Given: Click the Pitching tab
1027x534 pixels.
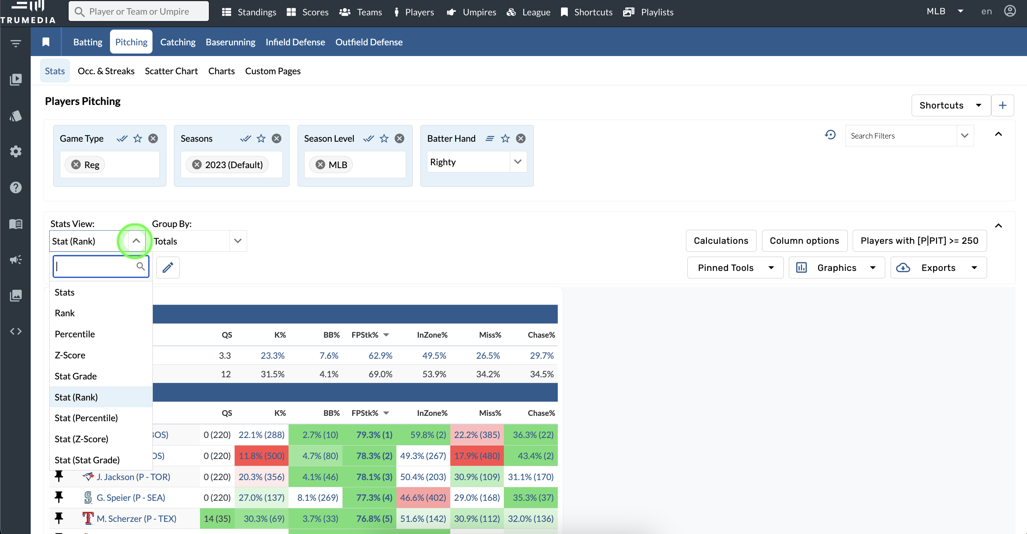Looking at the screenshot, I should [x=131, y=42].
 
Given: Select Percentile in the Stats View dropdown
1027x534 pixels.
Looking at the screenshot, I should [x=75, y=334].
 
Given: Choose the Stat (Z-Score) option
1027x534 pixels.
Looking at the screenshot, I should [x=81, y=439].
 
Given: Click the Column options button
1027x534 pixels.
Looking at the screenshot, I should [x=804, y=241].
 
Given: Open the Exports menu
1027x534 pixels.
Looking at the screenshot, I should [x=938, y=268].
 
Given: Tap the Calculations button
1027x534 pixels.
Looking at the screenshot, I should [x=721, y=241].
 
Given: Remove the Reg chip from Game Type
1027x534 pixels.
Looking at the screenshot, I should [x=76, y=165].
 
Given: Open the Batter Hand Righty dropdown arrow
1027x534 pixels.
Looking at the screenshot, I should [x=517, y=162].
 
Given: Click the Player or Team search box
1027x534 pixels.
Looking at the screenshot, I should [x=139, y=11].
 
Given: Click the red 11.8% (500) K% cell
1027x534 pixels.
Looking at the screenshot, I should [x=261, y=455].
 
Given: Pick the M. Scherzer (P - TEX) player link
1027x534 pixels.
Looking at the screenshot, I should [x=136, y=518].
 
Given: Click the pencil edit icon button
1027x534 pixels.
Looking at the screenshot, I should [x=168, y=267].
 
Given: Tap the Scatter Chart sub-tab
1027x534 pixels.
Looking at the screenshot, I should [x=171, y=71].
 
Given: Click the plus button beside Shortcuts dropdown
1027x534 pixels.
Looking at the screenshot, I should [x=1002, y=105].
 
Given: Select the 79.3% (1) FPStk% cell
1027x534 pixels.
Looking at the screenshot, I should [x=374, y=434].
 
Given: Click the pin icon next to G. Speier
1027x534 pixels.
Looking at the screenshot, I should [x=59, y=497].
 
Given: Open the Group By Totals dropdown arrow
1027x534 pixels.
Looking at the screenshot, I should [x=237, y=241].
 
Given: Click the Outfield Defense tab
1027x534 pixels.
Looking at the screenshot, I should [x=369, y=42].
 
